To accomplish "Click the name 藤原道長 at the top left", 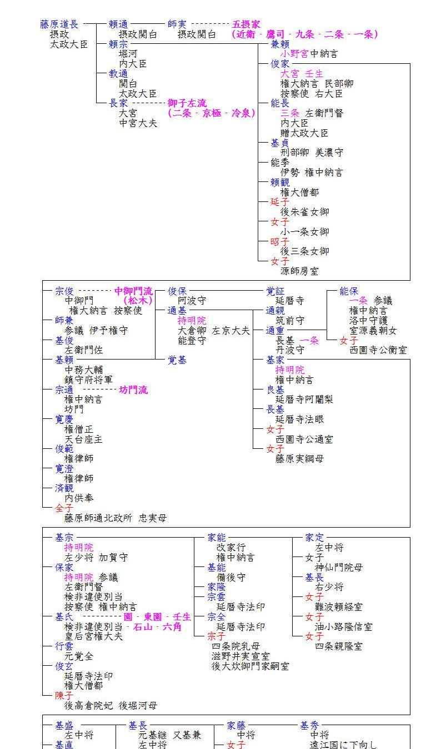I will tap(59, 24).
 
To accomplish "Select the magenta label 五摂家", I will tap(246, 24).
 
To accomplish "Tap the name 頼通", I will tap(118, 24).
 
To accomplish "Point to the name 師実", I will tap(177, 24).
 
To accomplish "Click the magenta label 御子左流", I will tap(187, 103).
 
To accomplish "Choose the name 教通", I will tap(118, 74).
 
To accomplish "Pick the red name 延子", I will tap(280, 202).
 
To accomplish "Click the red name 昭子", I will tap(280, 241).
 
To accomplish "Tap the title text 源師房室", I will tap(299, 271).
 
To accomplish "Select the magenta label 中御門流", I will tap(133, 291).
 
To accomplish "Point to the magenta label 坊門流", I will tap(133, 390).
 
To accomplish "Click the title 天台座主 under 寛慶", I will tap(83, 439).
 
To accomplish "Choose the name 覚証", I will tap(275, 291).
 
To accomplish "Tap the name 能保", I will tap(349, 291).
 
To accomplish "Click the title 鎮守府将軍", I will tap(88, 380).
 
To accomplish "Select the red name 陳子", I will tap(64, 696).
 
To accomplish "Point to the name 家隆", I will tap(217, 587).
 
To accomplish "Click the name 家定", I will tap(314, 537).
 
